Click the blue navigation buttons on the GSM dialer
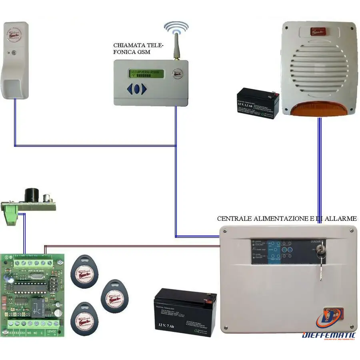point(137,89)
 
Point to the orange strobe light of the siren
point(320,109)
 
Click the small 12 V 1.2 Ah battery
point(258,104)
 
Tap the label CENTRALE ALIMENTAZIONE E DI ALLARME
point(286,219)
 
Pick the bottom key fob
point(84,320)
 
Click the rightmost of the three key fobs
point(114,296)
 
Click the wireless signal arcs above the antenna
point(176,27)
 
